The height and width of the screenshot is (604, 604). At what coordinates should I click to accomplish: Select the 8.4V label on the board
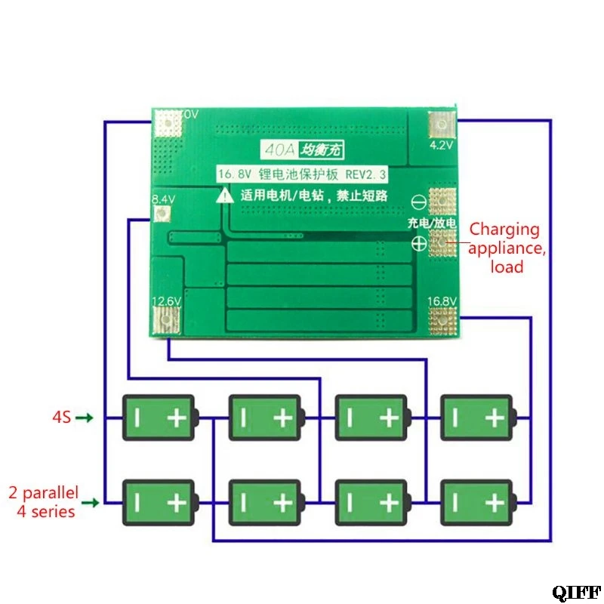[x=163, y=199]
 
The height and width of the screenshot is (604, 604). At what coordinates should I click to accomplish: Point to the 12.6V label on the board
[x=166, y=301]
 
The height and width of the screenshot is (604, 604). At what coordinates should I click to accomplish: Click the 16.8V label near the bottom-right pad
[x=443, y=301]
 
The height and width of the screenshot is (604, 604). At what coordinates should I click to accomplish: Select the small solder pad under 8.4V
[x=160, y=214]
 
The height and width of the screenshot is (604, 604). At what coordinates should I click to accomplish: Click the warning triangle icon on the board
[x=226, y=196]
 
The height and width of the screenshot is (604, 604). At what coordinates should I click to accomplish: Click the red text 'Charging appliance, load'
[x=505, y=248]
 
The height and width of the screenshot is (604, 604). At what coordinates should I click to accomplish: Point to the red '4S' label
[x=61, y=417]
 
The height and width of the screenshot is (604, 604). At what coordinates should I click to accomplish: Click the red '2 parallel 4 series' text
[x=43, y=502]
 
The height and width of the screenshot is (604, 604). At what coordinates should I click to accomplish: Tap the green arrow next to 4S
[x=87, y=418]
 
